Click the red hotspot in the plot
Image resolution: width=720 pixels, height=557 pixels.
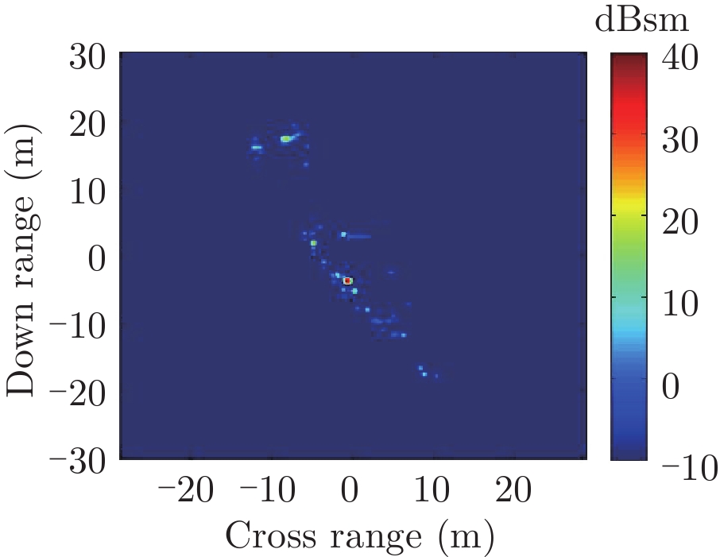point(347,280)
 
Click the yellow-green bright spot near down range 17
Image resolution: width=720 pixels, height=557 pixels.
point(285,139)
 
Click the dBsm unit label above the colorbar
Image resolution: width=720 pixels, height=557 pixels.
point(642,21)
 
